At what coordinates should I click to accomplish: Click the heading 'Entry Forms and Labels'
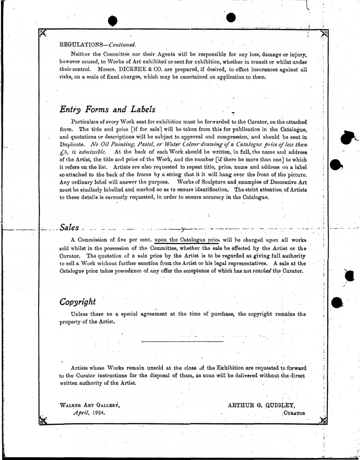coord(107,110)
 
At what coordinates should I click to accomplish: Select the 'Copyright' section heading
coord(78,302)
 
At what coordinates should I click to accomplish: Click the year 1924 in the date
coord(97,413)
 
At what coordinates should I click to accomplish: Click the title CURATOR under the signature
coord(295,413)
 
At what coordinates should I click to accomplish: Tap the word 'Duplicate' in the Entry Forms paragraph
coord(73,144)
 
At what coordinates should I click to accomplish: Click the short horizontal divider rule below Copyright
coord(183,341)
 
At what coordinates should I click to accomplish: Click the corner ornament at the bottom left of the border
coord(43,420)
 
